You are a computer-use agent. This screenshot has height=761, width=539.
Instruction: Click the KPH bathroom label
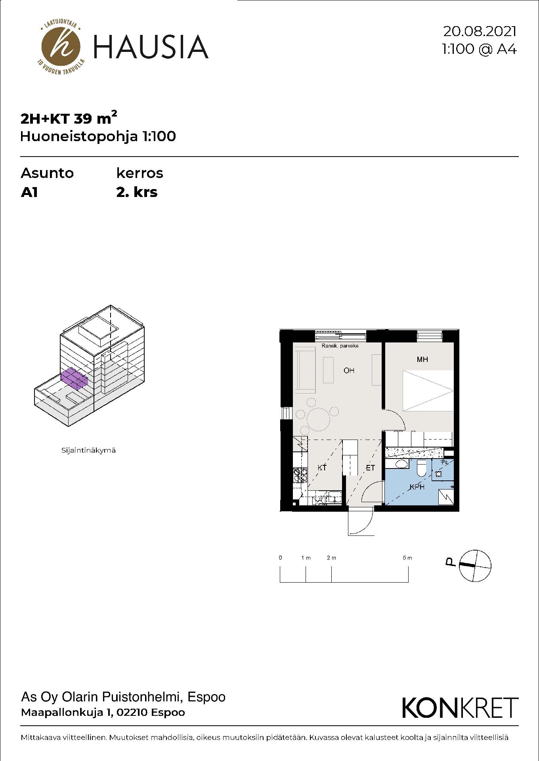pos(417,487)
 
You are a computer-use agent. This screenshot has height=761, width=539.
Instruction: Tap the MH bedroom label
pos(422,359)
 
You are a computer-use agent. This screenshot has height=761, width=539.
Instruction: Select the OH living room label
pos(349,371)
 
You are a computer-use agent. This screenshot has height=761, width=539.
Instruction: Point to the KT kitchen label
pos(322,468)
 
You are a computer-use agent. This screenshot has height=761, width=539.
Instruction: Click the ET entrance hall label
pos(370,468)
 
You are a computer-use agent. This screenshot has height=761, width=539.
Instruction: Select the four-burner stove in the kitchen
pos(300,475)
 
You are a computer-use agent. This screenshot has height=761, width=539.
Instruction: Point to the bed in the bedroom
pos(428,391)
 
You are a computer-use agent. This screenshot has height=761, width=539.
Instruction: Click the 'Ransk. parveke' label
pos(340,346)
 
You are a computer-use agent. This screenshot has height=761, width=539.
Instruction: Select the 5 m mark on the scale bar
pos(407,558)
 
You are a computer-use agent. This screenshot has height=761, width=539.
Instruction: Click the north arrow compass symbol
pos(475,566)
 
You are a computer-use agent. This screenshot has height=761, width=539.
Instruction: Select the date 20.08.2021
pos(480,31)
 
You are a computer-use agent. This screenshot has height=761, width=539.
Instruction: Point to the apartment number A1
pos(29,192)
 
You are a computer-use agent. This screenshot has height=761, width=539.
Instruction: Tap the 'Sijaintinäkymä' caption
pos(88,450)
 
